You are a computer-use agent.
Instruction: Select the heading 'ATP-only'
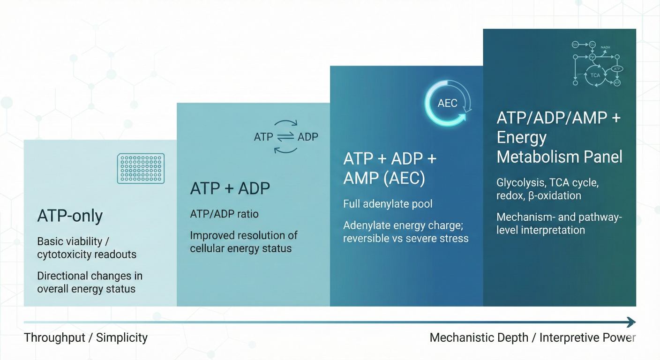pos(70,216)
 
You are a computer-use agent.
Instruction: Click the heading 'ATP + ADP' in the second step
pos(230,188)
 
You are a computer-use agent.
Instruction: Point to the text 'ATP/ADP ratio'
pos(224,214)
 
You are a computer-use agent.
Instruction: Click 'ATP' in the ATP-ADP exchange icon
pos(263,137)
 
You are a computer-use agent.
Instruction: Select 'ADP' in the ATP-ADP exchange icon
pos(307,137)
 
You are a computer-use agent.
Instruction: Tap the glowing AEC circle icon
pos(448,103)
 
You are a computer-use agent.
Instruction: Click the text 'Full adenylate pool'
pos(388,204)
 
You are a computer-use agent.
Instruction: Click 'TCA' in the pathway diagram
pos(595,75)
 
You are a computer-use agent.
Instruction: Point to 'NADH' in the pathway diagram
pos(605,47)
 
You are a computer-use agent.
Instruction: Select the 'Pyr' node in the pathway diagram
pos(592,57)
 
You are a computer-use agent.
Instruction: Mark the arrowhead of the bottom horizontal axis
pos(631,322)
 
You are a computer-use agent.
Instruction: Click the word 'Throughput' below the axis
pos(53,337)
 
